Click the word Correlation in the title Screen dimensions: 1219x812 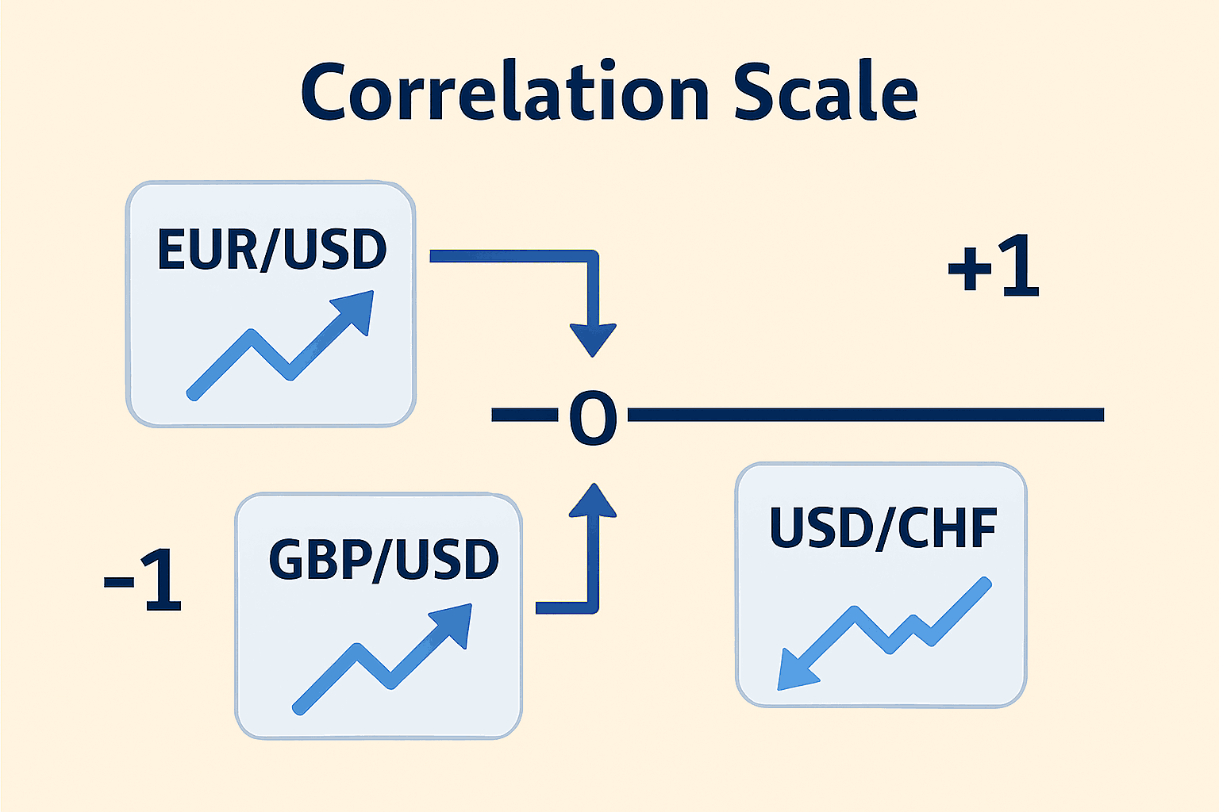pos(505,90)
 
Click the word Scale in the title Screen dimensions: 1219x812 pos(826,90)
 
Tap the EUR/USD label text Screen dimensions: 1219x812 pos(272,249)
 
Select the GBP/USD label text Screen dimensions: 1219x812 pos(383,560)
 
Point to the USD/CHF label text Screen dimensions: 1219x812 pos(883,527)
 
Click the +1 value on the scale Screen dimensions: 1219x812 pos(994,265)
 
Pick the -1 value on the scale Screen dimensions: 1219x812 pos(143,580)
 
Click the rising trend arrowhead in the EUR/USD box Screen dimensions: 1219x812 pos(355,311)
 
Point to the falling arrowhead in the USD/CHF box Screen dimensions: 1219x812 pos(794,671)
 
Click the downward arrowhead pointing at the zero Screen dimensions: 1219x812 pos(593,339)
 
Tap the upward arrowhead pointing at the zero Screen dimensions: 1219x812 pos(593,500)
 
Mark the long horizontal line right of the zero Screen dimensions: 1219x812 pos(866,415)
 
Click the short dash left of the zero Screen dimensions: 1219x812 pos(525,415)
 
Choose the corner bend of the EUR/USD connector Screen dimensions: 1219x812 pos(593,256)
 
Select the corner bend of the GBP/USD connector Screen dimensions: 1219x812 pos(593,607)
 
